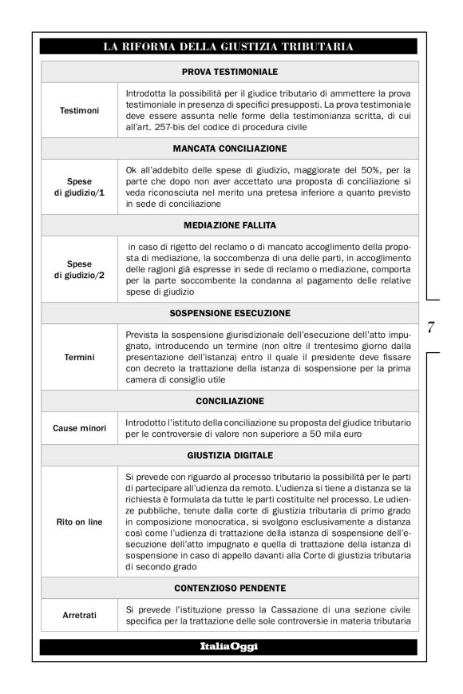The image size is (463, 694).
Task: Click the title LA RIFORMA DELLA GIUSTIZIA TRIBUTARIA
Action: pos(229,47)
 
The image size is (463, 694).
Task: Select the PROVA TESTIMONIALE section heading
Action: pos(229,71)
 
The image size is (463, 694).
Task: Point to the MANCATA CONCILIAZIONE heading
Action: pos(229,149)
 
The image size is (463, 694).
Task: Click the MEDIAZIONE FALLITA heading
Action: pos(229,226)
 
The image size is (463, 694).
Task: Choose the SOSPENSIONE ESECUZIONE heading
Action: pos(229,312)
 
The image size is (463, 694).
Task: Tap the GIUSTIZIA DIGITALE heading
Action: pos(229,454)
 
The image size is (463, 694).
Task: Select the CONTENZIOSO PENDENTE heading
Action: pos(229,588)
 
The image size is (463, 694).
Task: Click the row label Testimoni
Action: pos(80,110)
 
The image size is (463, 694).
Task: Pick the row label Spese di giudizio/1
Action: pos(80,187)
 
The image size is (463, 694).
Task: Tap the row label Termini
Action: pos(80,357)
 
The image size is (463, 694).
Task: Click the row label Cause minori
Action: pos(80,427)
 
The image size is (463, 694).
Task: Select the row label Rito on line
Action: pos(80,521)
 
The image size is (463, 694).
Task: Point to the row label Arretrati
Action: pos(80,616)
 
